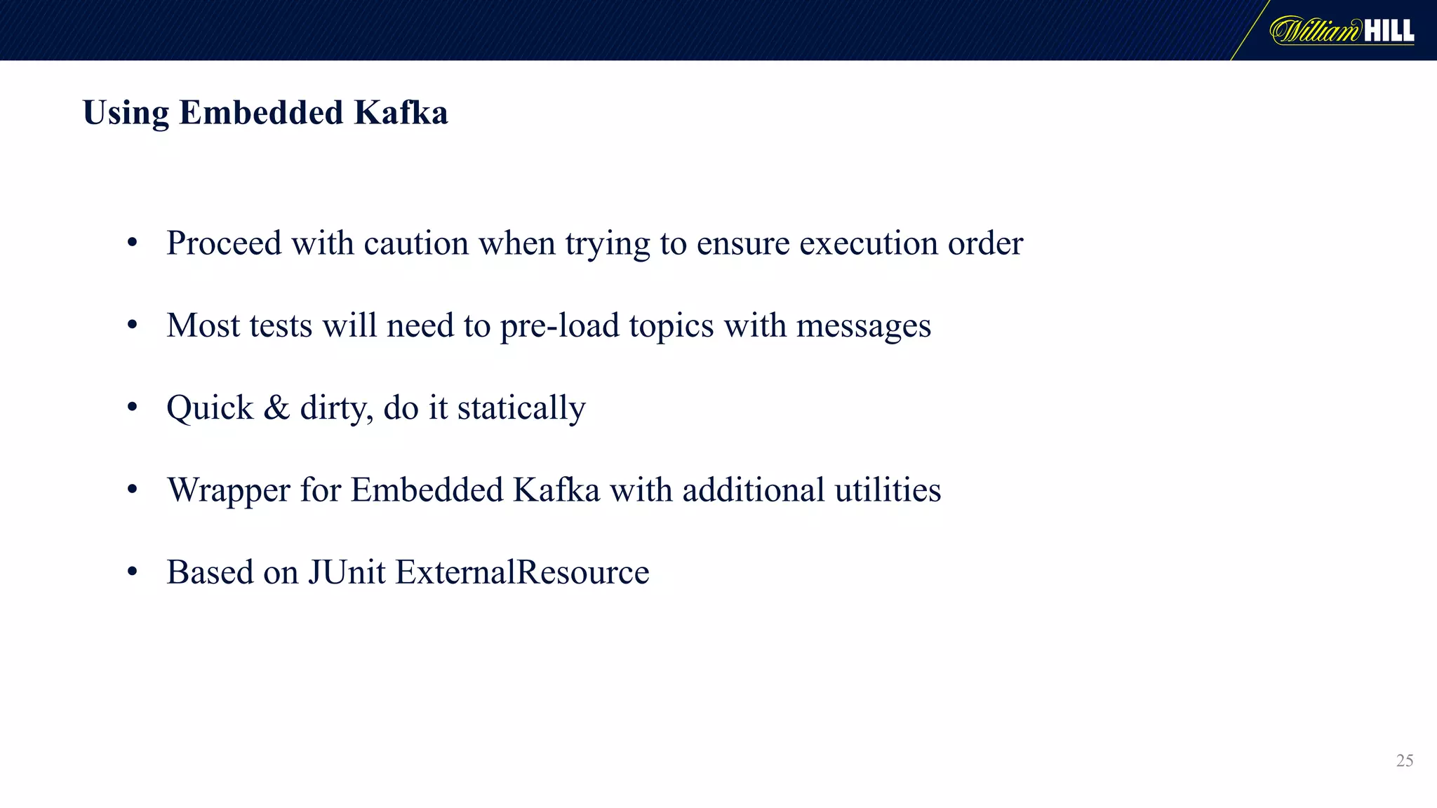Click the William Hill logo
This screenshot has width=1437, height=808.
(1342, 31)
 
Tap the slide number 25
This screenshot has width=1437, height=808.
(1405, 760)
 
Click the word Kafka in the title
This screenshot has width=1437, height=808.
(401, 112)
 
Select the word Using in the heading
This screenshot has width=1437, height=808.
(126, 114)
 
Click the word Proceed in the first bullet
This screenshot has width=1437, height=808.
(224, 243)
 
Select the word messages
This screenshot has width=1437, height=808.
(864, 326)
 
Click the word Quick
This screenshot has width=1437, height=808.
(210, 408)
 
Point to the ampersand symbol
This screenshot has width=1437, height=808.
(276, 408)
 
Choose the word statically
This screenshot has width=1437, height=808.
(521, 408)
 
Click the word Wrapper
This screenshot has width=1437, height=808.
(229, 490)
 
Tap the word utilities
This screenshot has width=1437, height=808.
(888, 490)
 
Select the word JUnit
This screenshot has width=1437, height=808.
(347, 572)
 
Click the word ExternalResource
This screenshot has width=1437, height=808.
(522, 572)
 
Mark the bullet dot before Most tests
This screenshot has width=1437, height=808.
(133, 325)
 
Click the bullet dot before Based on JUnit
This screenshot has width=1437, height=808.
(133, 572)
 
